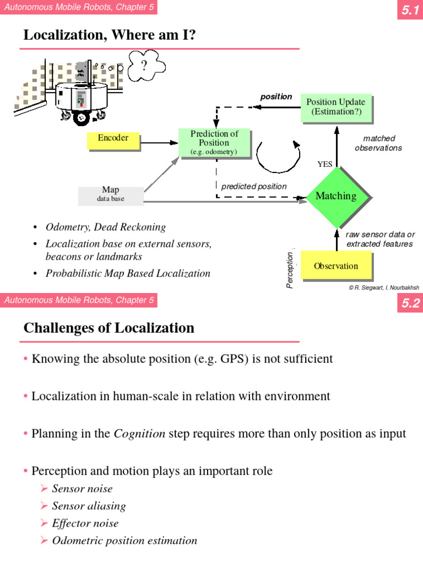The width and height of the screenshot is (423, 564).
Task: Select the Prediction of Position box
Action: click(214, 143)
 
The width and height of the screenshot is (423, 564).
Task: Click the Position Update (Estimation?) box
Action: click(335, 107)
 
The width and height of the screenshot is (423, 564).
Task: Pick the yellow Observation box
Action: click(335, 266)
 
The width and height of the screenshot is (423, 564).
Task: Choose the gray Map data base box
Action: click(111, 194)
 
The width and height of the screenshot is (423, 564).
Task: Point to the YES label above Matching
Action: click(326, 164)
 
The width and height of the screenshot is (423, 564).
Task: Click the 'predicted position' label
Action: click(254, 187)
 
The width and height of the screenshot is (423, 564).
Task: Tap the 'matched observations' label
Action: click(378, 143)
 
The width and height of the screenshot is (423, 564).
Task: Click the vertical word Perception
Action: click(290, 269)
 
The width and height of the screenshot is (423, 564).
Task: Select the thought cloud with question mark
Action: click(145, 67)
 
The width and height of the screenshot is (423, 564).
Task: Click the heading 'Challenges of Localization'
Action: click(109, 328)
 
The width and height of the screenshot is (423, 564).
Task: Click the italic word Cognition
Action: click(139, 433)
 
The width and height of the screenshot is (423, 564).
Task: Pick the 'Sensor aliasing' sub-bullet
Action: click(89, 506)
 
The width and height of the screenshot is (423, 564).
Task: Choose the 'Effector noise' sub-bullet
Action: click(85, 523)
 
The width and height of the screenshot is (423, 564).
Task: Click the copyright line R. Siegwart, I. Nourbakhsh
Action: click(383, 287)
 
